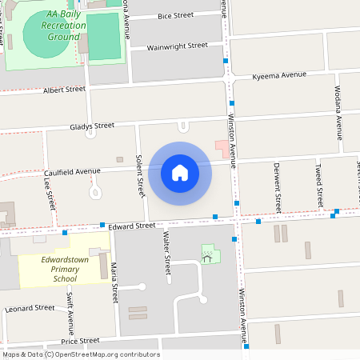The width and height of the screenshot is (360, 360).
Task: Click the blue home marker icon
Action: pos(180,173)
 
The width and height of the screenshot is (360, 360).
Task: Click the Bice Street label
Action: pos(175,15)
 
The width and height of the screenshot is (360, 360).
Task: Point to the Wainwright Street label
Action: pos(177,46)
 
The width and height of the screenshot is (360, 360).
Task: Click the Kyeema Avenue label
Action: pos(279,74)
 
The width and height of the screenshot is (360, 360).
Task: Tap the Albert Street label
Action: pos(64,90)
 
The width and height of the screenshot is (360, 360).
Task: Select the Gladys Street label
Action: pos(92,126)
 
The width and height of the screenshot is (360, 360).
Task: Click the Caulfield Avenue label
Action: pos(72,171)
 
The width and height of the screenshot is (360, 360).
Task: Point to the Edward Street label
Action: pos(132,226)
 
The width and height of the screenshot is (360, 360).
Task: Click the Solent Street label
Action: pos(140,177)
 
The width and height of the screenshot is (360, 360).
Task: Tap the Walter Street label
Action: pos(167,251)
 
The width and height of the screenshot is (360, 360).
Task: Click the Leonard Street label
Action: pos(30,308)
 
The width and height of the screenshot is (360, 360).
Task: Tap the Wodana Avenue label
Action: pos(338,106)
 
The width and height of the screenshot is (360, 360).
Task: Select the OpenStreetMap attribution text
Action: pos(80,354)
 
